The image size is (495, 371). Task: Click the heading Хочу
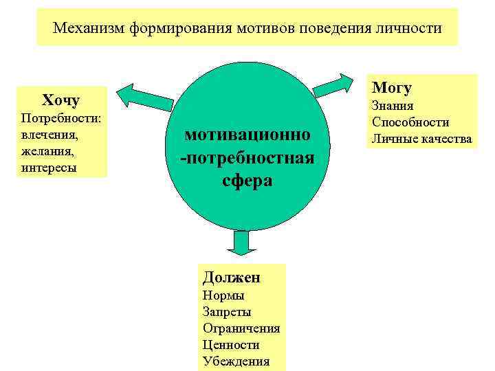[x=61, y=100]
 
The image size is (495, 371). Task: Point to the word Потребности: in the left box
[x=62, y=117]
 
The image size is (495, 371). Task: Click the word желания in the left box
[x=48, y=150]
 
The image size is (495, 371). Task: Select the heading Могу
[x=391, y=88]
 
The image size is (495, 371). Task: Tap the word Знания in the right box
[x=393, y=106]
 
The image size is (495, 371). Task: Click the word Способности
[x=410, y=122]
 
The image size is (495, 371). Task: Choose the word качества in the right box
[x=447, y=139]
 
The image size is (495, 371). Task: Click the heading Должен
[x=232, y=277]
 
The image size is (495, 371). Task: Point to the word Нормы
[x=223, y=295]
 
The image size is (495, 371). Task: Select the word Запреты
[x=227, y=312]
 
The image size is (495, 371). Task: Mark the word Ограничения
[x=241, y=328]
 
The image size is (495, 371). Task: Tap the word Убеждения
[x=236, y=361]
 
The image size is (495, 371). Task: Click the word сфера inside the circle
[x=247, y=181]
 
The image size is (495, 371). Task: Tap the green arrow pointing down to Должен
[x=241, y=244]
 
